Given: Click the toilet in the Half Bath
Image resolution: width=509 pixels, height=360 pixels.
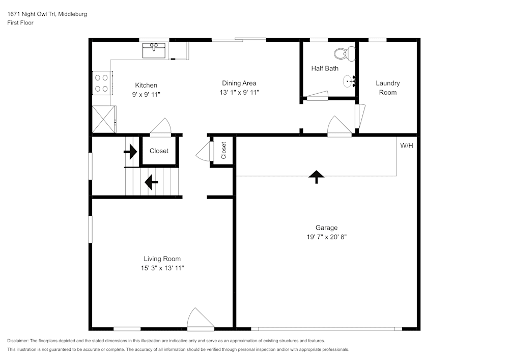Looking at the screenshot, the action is (345, 54).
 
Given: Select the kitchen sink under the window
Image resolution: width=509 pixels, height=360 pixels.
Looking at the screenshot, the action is (154, 50).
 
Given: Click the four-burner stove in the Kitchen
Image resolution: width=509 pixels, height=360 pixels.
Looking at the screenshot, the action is (102, 83).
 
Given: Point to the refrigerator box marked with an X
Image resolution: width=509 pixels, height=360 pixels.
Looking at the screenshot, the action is (104, 119).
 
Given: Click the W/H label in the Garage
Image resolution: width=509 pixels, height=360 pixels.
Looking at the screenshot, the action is (406, 146).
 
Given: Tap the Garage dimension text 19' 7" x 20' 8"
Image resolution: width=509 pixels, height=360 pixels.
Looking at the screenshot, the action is (327, 237).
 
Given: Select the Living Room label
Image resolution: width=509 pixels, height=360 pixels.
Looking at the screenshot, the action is (162, 259).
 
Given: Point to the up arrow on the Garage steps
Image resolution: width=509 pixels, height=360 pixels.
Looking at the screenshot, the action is (317, 177).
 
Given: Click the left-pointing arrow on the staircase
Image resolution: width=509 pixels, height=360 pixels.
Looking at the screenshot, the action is (151, 182).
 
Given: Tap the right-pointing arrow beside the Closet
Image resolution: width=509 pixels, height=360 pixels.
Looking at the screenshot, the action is (130, 152).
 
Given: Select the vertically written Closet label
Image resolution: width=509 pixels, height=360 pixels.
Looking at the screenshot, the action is (223, 151).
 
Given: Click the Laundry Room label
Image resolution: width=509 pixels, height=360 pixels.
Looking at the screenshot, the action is (387, 88).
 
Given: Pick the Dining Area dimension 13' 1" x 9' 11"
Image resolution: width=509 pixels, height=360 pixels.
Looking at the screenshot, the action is (239, 93).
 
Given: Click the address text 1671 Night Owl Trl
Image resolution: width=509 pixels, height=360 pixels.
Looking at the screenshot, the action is (32, 14).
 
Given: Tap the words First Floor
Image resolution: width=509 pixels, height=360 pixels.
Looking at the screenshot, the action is (20, 23).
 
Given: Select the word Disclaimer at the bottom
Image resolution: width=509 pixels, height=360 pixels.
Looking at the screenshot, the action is (18, 341).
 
